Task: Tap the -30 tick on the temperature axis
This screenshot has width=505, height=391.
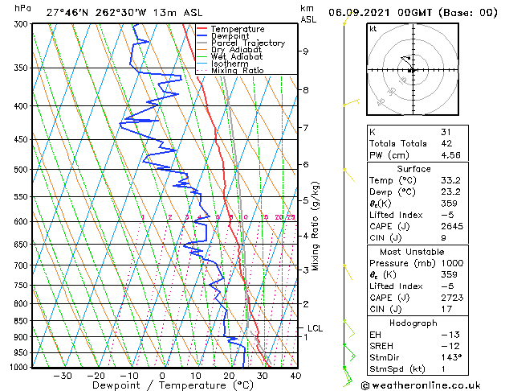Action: click(x=63, y=375)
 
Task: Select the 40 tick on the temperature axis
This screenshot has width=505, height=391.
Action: click(x=295, y=375)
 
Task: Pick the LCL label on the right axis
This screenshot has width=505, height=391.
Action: click(x=315, y=328)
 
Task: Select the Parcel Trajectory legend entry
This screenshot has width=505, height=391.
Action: click(x=247, y=43)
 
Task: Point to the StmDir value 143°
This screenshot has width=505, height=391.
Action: click(x=451, y=357)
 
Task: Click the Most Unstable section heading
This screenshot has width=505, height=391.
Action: click(x=413, y=252)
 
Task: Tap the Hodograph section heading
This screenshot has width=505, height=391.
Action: click(x=413, y=323)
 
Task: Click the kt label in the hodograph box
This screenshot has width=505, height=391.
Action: click(x=373, y=29)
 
